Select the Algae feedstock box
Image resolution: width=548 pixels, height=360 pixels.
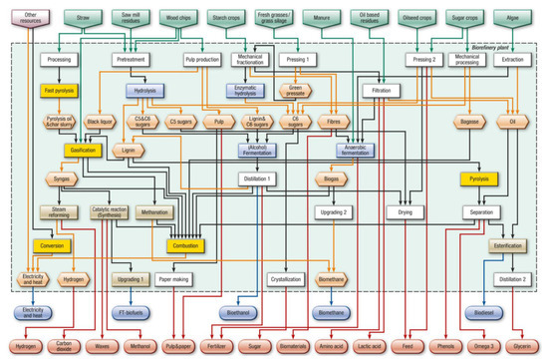tap(512, 18)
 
